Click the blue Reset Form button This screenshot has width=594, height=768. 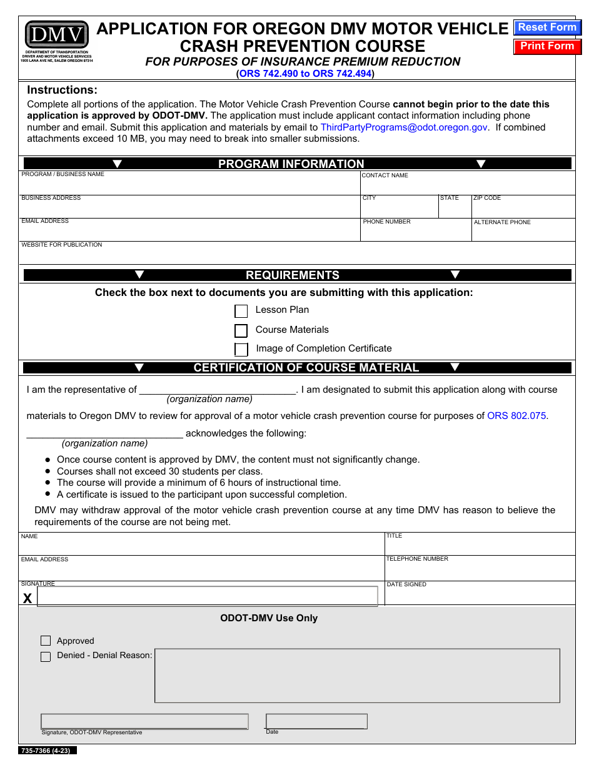(x=547, y=27)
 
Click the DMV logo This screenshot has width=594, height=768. (x=56, y=35)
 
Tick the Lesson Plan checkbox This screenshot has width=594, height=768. (x=241, y=311)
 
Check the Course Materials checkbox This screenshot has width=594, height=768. (x=241, y=330)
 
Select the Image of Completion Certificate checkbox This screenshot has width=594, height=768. (x=241, y=349)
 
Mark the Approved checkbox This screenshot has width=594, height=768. (x=46, y=641)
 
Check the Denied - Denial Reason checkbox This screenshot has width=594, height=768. (x=46, y=656)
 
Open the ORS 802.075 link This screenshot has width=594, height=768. (x=516, y=416)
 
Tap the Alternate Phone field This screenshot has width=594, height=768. (x=523, y=233)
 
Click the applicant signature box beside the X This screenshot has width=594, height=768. (x=208, y=596)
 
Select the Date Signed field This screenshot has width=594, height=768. (x=480, y=596)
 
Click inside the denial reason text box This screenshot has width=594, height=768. (x=357, y=676)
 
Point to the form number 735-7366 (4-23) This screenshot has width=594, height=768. (x=47, y=751)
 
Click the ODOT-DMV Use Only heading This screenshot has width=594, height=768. (x=269, y=618)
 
